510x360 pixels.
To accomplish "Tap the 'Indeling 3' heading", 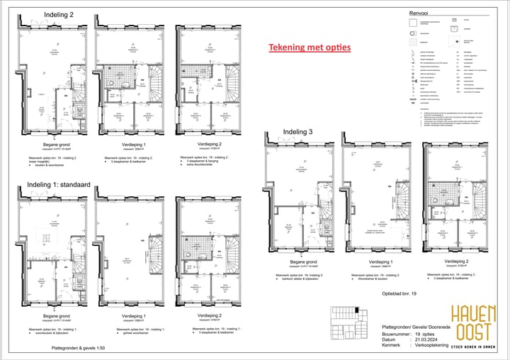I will tap(297, 132).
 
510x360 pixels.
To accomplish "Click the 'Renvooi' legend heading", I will tap(420, 13).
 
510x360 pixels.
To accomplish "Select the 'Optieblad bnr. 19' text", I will tap(400, 292).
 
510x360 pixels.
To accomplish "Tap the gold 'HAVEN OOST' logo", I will tap(475, 322).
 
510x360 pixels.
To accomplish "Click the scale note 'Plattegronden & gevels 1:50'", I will tap(78, 349).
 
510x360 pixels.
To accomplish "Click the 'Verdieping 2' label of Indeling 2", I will tap(200, 142).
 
